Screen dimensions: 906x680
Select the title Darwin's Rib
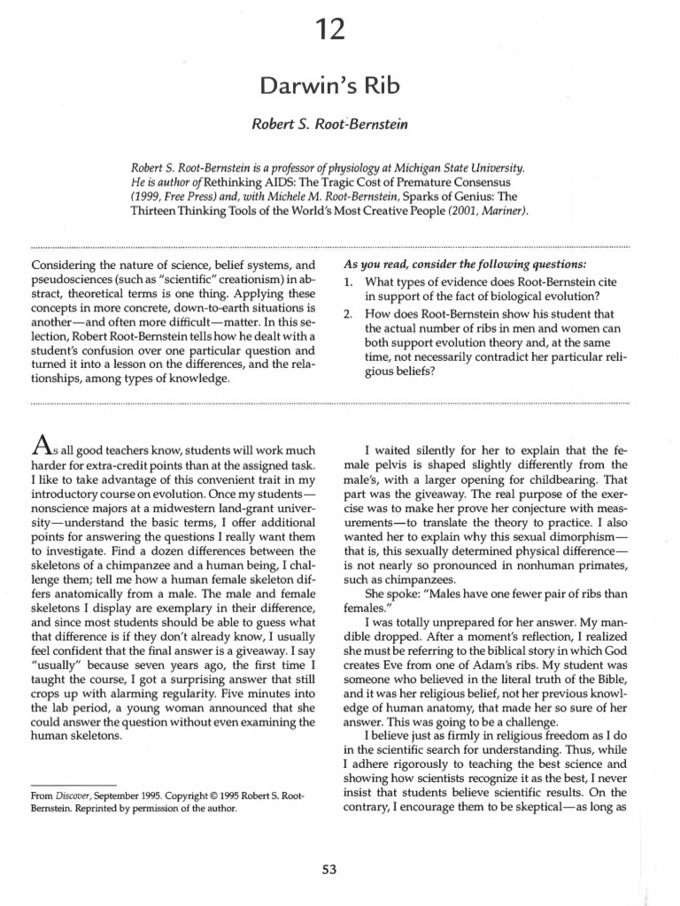point(330,85)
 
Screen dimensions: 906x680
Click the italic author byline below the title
point(330,125)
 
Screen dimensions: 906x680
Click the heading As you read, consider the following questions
point(463,265)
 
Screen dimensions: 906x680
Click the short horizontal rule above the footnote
point(73,784)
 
